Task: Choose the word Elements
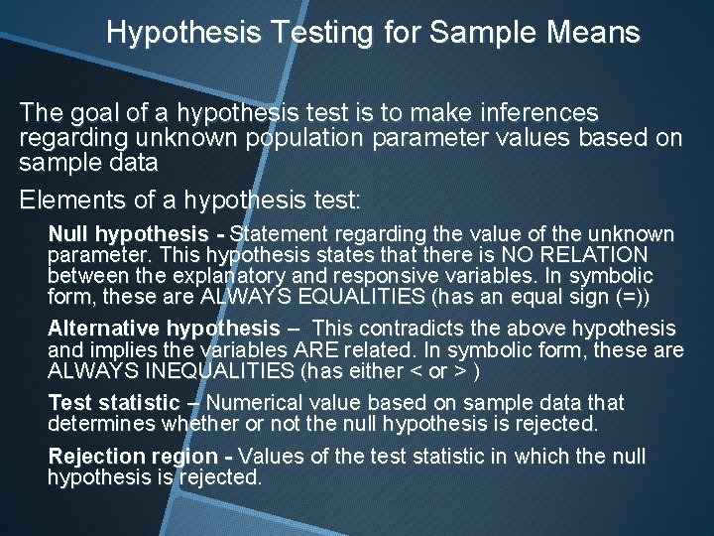coord(70,200)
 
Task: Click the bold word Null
coord(68,235)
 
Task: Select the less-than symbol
coord(416,371)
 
